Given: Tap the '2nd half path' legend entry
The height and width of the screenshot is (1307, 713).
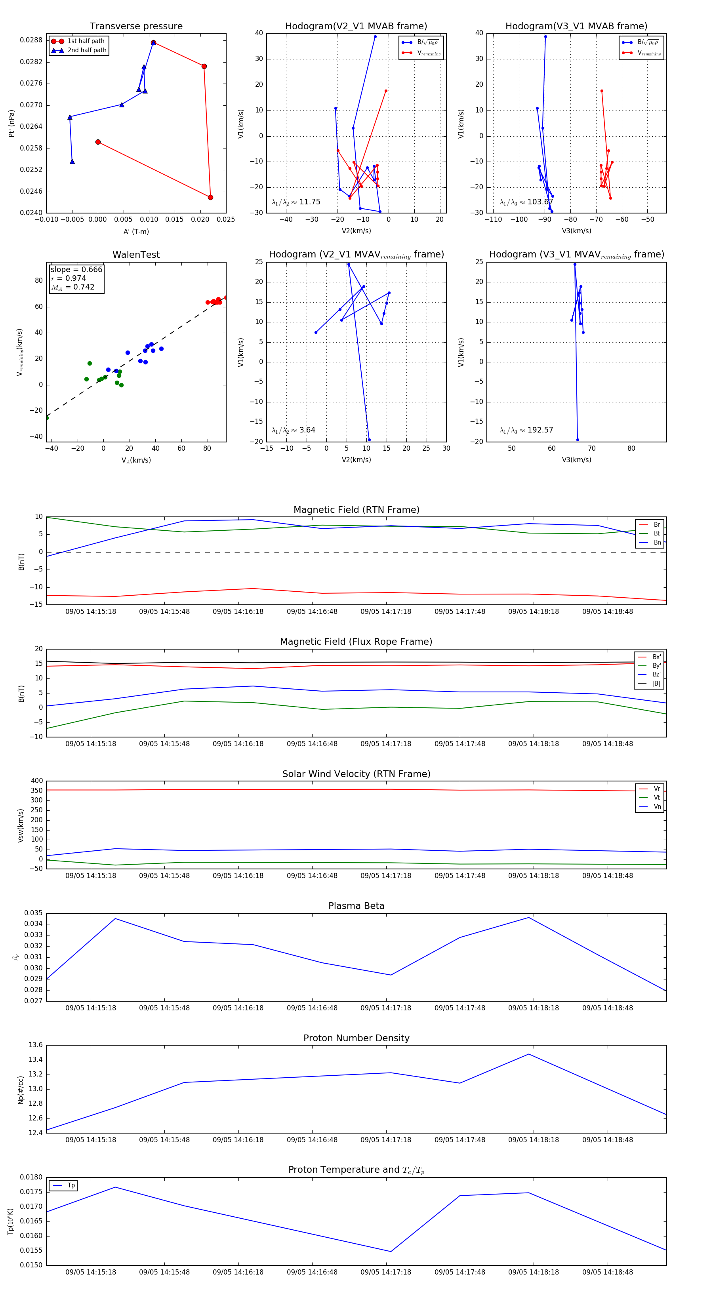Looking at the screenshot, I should pyautogui.click(x=87, y=50).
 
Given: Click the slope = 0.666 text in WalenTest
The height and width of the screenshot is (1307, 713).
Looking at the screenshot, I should pyautogui.click(x=76, y=269).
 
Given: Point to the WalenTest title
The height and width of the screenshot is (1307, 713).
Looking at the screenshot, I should pyautogui.click(x=136, y=255).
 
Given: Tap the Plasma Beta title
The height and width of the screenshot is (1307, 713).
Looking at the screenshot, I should pyautogui.click(x=356, y=906).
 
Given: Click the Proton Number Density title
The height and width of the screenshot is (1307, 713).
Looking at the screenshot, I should pyautogui.click(x=356, y=1038).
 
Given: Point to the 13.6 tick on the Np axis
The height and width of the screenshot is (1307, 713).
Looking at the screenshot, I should pyautogui.click(x=36, y=1045).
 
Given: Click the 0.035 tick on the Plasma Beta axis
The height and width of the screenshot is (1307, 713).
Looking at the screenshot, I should pyautogui.click(x=34, y=913).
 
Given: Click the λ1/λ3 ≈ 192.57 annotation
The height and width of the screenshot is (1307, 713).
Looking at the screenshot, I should pyautogui.click(x=526, y=430).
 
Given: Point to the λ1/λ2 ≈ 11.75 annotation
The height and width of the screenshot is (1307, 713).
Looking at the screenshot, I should pyautogui.click(x=296, y=202).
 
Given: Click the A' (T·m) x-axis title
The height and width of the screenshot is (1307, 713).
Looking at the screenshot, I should pyautogui.click(x=136, y=231).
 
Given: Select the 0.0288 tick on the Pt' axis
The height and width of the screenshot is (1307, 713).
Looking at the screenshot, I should pyautogui.click(x=31, y=40).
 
